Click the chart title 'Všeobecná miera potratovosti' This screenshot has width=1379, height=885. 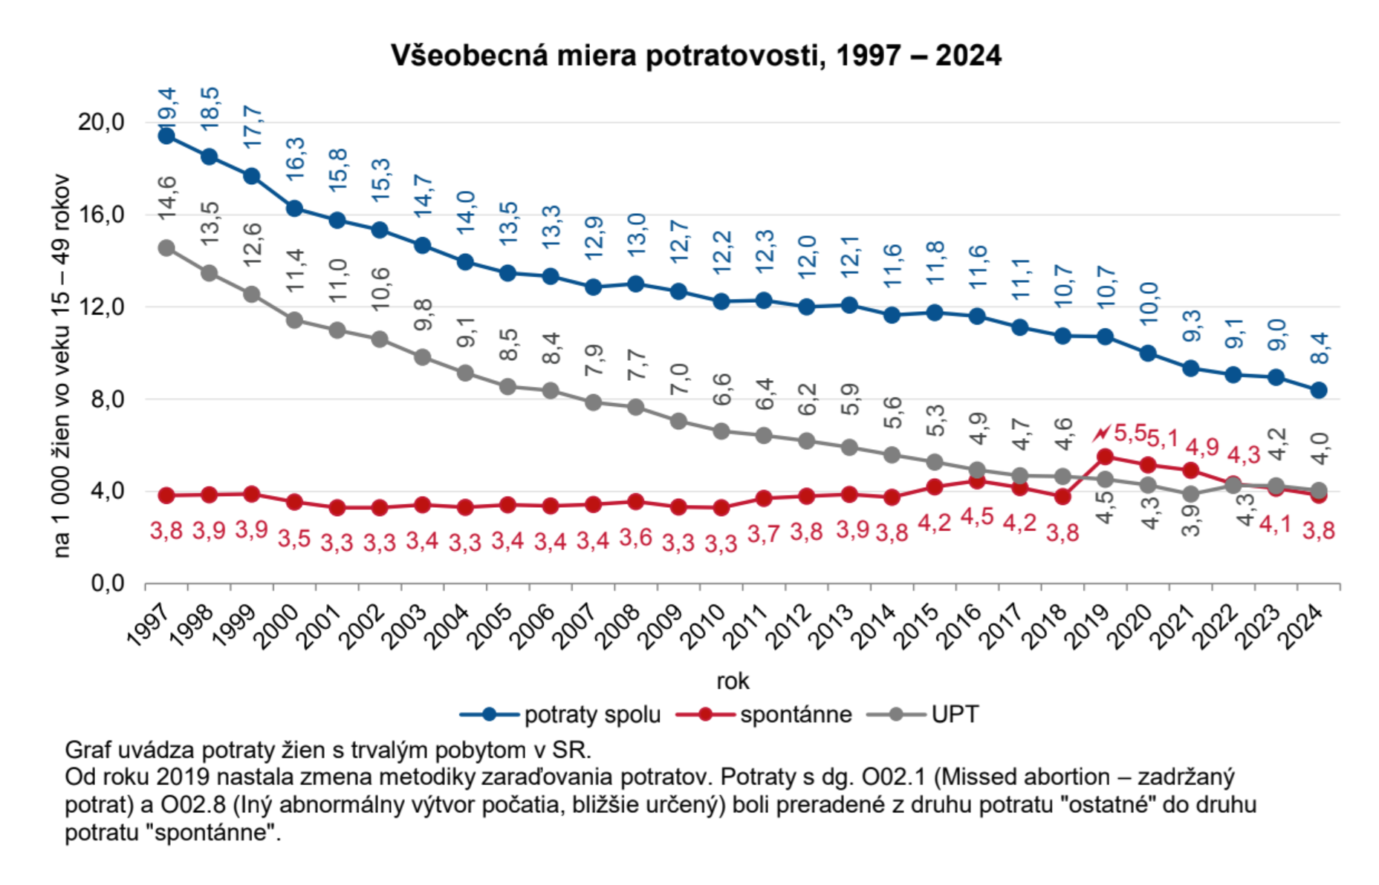696,56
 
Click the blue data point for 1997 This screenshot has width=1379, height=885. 166,136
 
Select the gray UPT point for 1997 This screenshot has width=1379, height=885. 166,248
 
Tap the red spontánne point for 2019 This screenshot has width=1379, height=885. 1105,457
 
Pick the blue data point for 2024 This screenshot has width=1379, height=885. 1319,391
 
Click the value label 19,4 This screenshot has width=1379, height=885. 167,104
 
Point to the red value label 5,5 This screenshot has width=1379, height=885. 1130,433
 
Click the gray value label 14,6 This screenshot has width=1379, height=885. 167,197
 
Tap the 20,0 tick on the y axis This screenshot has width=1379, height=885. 101,122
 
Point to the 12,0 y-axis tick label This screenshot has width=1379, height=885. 101,307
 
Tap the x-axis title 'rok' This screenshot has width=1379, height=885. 733,681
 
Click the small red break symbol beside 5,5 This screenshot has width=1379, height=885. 1101,433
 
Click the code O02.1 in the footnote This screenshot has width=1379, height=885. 894,777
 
